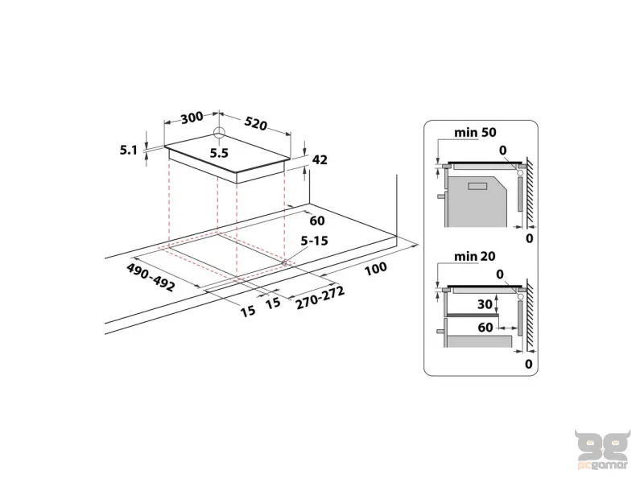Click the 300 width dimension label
[192, 118]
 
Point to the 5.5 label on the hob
[220, 151]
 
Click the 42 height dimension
[320, 160]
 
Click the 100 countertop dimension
[375, 269]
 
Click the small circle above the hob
[219, 134]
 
